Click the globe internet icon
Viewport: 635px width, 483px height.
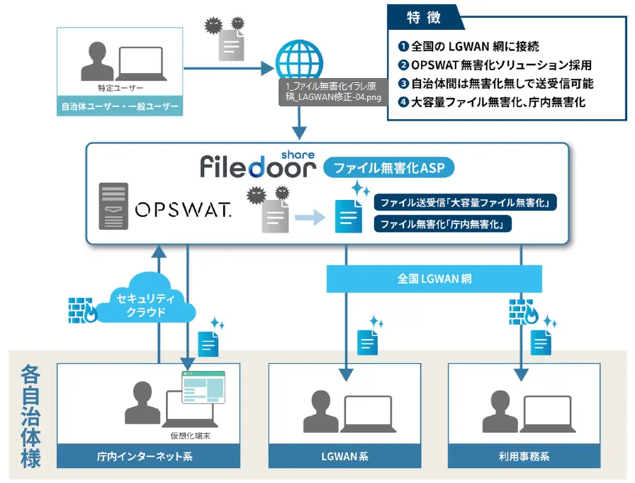point(297,60)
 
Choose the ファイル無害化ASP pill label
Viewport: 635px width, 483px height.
point(388,169)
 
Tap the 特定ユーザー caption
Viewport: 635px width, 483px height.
point(120,88)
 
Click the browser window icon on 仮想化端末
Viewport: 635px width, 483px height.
point(203,387)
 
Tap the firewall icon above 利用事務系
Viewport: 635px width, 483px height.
point(524,311)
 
